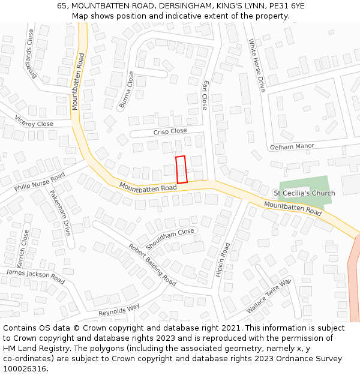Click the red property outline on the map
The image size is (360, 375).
181,169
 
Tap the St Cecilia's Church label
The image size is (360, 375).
304,193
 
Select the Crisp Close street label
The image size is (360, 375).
170,131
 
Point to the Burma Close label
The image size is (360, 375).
127,90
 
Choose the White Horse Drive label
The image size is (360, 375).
257,65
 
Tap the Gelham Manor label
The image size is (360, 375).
292,146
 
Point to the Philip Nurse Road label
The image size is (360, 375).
40,182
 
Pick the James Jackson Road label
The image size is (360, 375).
35,277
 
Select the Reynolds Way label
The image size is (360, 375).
119,310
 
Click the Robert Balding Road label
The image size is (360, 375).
152,265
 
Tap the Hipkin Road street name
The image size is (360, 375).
223,259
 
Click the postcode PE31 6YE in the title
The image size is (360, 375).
283,5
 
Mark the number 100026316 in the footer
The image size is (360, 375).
25,369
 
